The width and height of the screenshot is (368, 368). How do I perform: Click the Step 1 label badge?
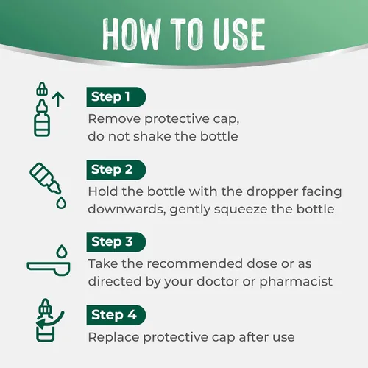point(116,97)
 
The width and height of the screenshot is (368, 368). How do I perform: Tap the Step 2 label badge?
point(116,170)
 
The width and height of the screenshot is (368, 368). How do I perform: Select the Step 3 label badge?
point(116,242)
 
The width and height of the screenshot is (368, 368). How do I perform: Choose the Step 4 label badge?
point(116,315)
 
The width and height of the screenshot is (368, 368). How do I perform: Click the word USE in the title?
point(239,35)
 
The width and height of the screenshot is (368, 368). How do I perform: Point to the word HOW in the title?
point(132,35)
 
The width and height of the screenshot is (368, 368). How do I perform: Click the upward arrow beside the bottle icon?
point(58,99)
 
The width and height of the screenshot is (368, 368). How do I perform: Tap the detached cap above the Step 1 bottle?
point(42,88)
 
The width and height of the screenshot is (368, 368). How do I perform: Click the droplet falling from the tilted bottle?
point(61,202)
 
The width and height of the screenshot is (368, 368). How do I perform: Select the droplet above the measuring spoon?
point(62,251)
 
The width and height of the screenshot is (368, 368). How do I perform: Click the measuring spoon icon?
point(49,269)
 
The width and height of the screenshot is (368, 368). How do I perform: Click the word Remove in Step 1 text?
point(114,119)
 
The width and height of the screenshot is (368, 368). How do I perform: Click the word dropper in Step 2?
point(272,192)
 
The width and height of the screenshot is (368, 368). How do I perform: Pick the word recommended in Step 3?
point(195,263)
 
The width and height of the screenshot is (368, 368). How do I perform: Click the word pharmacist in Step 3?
point(296,282)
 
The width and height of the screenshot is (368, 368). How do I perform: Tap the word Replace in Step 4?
point(113,337)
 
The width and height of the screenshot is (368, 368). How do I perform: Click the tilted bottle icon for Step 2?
point(45,177)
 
